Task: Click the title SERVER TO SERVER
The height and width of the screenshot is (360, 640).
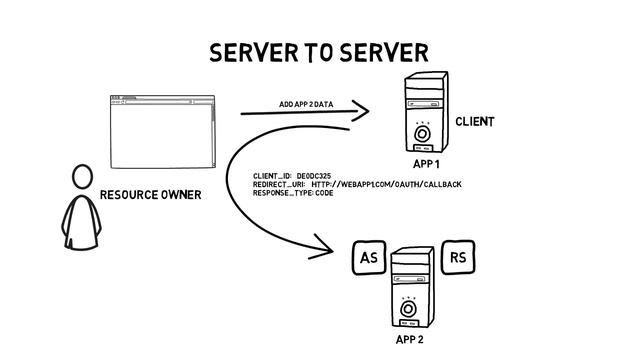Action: (319, 52)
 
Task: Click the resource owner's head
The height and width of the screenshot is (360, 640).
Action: (82, 177)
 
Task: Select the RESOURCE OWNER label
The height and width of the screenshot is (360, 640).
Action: (150, 195)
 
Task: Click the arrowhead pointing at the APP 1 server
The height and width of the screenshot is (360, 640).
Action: (360, 113)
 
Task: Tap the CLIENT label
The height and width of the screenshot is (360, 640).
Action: (475, 122)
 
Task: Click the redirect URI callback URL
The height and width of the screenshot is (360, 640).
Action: (386, 184)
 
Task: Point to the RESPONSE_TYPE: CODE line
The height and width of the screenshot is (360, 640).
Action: (293, 192)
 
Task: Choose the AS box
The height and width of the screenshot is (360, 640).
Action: (369, 260)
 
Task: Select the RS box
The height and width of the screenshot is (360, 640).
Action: (459, 258)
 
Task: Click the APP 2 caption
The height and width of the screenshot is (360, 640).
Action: (410, 340)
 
